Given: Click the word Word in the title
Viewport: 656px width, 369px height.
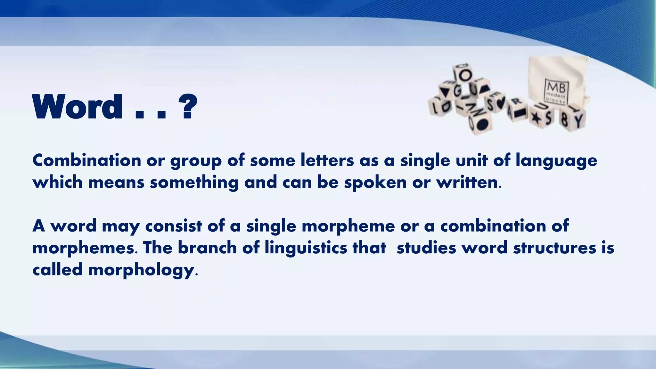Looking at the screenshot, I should tap(77, 107).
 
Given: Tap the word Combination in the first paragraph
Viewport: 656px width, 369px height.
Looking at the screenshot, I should tap(86, 160).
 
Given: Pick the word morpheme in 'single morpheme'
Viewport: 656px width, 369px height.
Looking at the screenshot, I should tap(348, 226).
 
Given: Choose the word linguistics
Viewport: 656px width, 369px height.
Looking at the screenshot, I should tap(306, 248).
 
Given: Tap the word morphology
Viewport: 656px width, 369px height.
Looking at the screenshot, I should tap(141, 270).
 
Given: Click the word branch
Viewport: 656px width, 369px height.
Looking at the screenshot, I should tap(207, 248).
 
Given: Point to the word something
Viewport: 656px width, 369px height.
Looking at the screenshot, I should tap(194, 183).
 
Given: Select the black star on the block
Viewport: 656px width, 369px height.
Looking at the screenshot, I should tap(535, 118).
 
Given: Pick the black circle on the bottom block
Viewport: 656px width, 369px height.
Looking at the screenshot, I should tap(483, 123).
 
